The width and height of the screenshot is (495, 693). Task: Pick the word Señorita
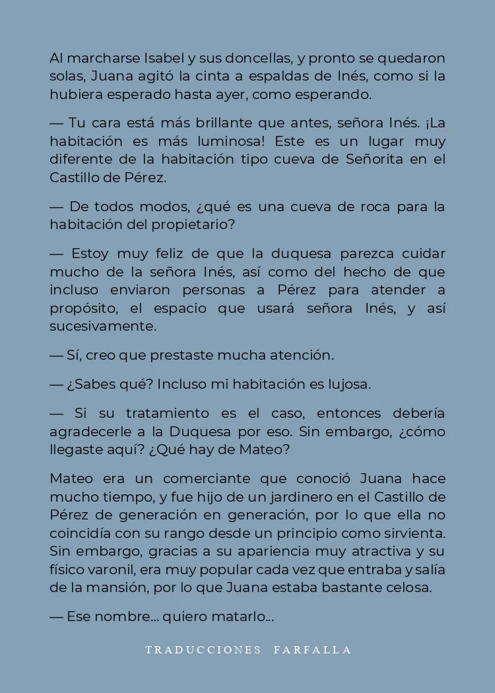[x=375, y=159]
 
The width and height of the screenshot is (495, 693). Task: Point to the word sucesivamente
[x=103, y=326]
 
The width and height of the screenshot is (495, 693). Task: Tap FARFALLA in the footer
[x=313, y=650]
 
